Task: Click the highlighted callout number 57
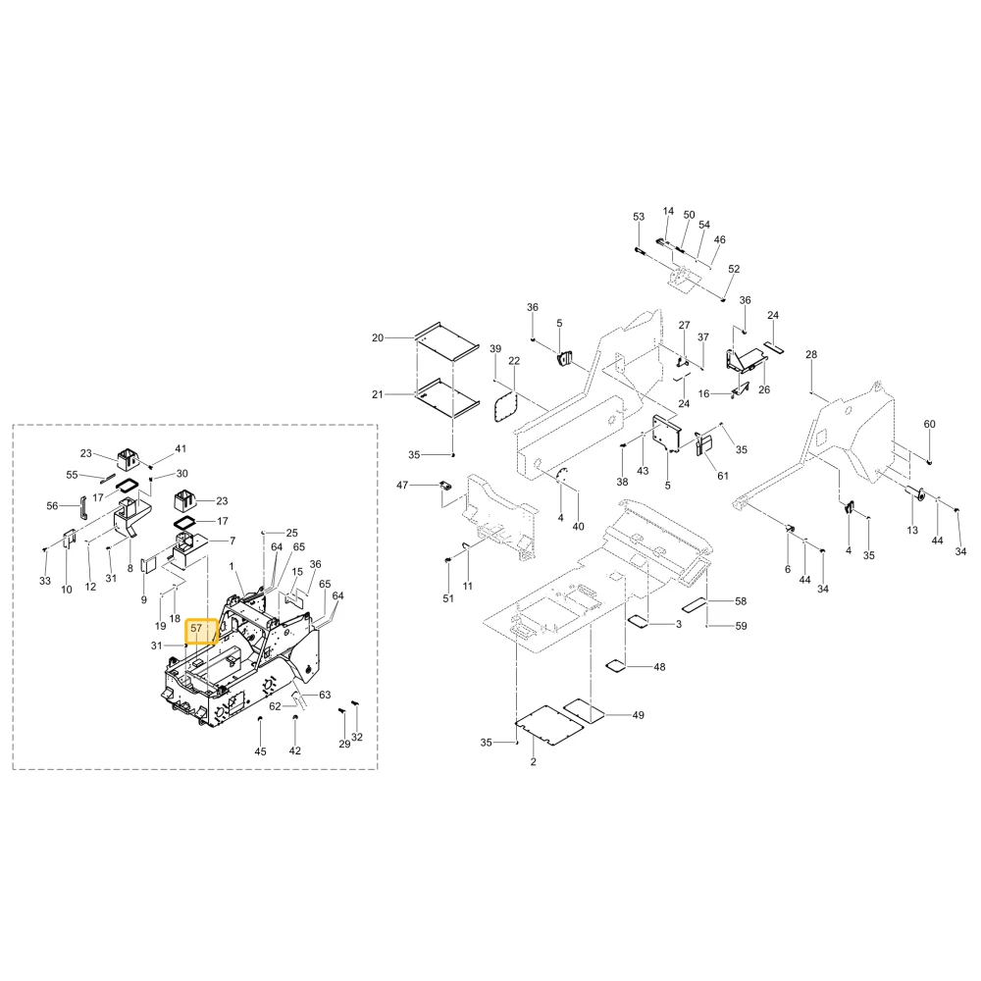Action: [196, 628]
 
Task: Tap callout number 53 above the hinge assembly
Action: [639, 217]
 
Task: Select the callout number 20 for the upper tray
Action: [378, 337]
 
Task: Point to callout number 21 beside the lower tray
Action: [378, 394]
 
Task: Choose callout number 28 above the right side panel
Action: [811, 354]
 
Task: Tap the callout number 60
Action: [930, 424]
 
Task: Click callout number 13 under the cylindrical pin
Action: [912, 530]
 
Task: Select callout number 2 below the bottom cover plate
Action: [533, 761]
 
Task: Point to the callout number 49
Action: [638, 714]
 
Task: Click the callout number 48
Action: [659, 667]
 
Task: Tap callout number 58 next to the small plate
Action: [741, 601]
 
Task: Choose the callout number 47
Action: [402, 485]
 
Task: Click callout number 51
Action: [448, 598]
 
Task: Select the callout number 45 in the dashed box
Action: [260, 751]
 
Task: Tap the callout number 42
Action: [294, 750]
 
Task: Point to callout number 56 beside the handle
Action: [52, 505]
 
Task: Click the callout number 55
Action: [72, 475]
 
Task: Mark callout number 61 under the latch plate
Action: [723, 476]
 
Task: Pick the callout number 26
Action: [764, 389]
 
